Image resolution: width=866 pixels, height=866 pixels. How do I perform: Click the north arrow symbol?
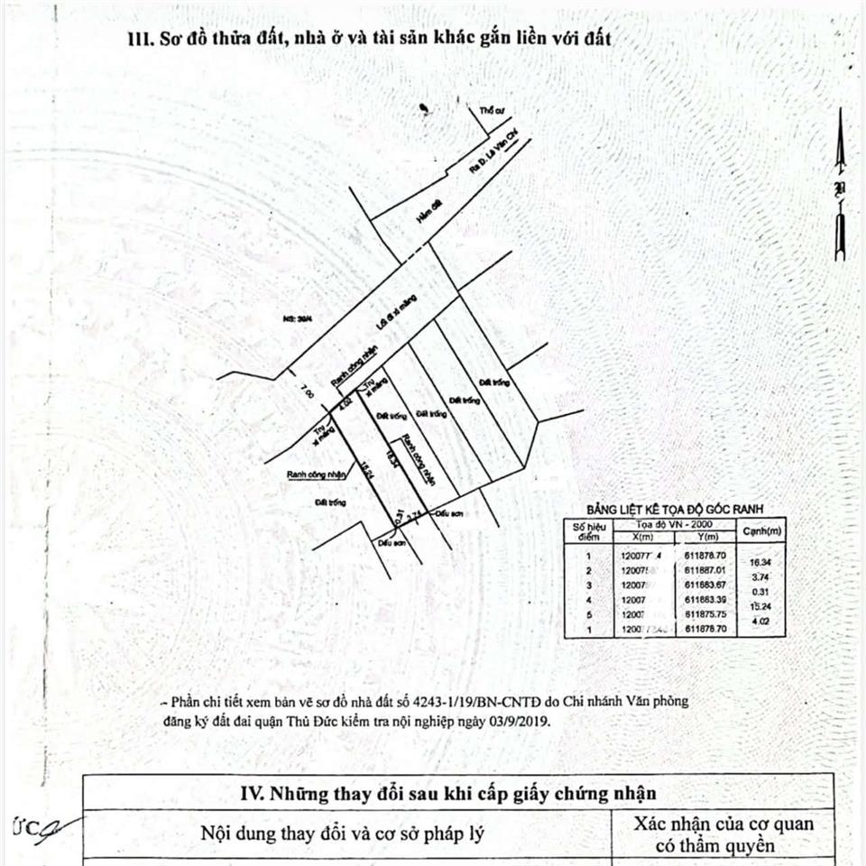click(x=839, y=185)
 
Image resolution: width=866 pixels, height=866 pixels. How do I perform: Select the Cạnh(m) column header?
click(x=760, y=530)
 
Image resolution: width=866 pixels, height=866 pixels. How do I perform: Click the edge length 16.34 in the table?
click(x=760, y=563)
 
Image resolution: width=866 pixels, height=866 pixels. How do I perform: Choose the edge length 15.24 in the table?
click(x=760, y=607)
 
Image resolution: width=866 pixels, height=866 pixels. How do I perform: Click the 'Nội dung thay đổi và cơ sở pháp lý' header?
click(x=342, y=834)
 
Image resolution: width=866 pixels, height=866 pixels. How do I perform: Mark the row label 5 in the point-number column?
click(x=587, y=613)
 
